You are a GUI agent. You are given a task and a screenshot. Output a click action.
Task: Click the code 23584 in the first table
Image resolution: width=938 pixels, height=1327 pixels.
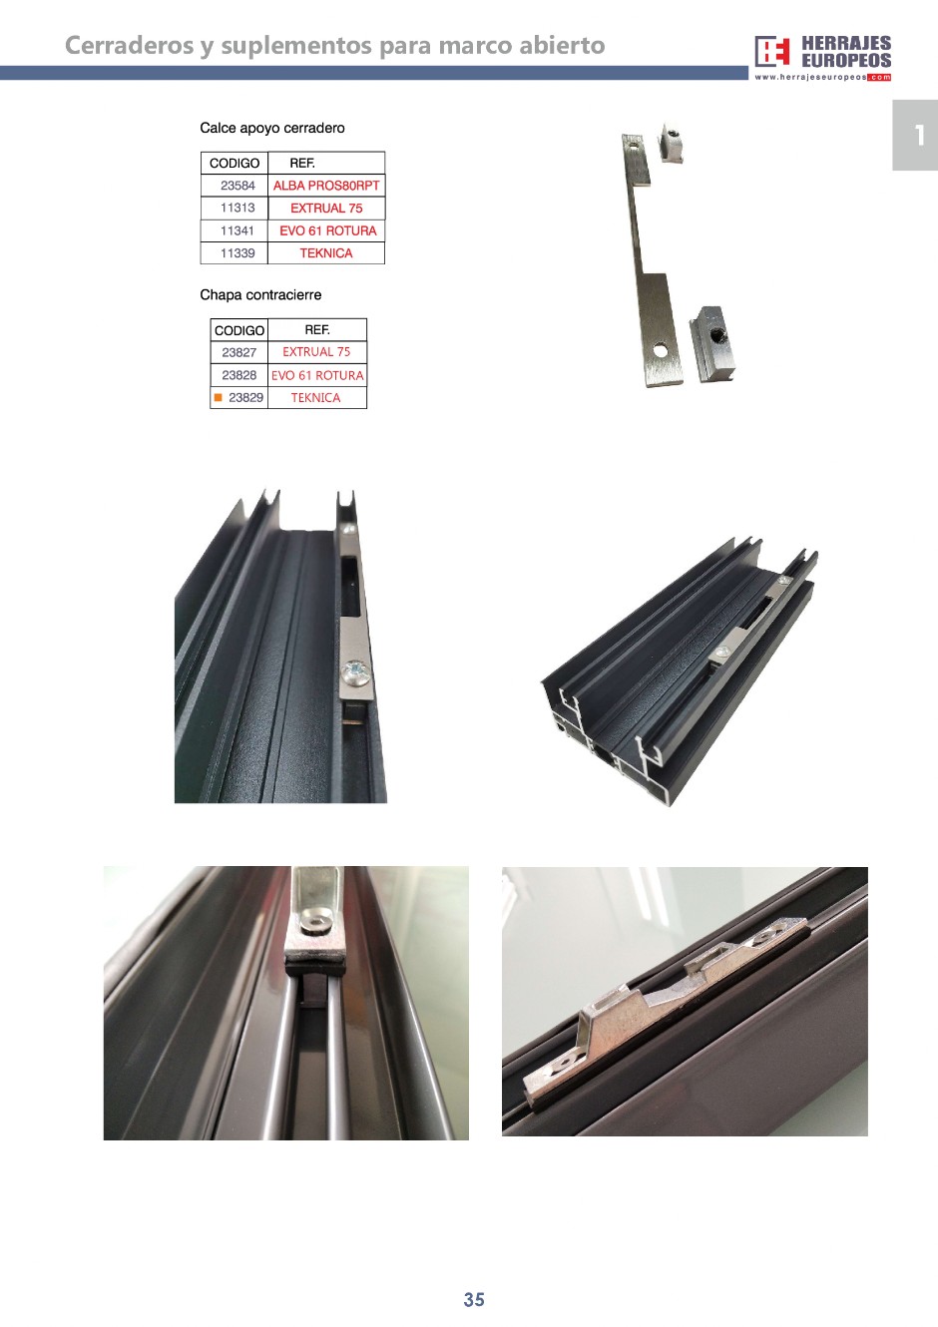[237, 186]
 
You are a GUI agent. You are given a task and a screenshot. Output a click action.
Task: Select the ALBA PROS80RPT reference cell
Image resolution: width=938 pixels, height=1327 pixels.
[326, 186]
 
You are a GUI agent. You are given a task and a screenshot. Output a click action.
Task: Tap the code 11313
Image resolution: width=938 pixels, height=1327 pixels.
[237, 208]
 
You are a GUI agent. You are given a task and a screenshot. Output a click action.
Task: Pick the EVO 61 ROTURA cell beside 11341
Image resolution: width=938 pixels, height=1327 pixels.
[326, 230]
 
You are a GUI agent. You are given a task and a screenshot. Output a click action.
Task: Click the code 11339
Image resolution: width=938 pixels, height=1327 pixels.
[237, 253]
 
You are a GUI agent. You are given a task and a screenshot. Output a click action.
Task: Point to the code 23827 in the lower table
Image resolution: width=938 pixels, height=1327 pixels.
[239, 352]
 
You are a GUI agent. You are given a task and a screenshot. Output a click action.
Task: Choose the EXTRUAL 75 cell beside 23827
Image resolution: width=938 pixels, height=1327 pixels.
[317, 352]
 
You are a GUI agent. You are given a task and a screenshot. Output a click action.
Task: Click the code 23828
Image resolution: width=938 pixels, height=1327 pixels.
[239, 375]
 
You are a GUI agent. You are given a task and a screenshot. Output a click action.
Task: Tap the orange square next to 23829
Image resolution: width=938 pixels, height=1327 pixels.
[219, 397]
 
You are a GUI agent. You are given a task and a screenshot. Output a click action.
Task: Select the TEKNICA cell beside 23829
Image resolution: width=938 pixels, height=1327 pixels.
[317, 397]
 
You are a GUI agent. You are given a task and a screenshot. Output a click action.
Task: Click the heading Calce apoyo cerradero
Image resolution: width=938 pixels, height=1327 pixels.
[272, 128]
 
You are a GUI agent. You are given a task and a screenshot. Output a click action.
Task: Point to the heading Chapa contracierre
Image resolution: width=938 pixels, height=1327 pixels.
[260, 295]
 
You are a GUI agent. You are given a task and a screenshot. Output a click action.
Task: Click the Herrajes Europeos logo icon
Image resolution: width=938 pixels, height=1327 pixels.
[772, 52]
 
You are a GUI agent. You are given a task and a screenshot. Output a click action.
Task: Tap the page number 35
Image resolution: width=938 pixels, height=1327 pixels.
[474, 1300]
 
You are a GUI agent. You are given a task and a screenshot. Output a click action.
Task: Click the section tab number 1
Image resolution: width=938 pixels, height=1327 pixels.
[919, 135]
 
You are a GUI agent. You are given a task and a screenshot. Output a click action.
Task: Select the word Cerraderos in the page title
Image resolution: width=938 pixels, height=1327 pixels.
[129, 46]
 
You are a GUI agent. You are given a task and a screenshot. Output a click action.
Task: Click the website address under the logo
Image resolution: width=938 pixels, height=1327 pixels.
[823, 78]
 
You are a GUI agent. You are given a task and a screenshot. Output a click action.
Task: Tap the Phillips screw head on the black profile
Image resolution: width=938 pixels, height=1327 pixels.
[356, 673]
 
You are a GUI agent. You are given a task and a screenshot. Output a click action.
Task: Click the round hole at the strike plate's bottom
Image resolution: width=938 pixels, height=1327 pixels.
[660, 351]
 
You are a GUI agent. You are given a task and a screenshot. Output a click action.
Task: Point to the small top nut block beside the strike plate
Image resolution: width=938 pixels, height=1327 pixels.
[670, 142]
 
